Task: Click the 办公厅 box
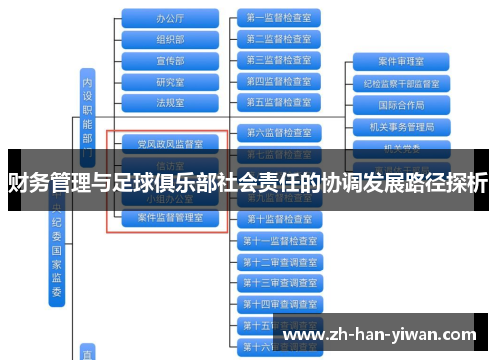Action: point(170,18)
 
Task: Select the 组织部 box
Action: point(170,39)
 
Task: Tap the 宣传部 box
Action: point(170,60)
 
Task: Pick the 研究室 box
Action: point(170,81)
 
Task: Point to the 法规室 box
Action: point(170,101)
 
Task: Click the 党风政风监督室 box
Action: point(170,144)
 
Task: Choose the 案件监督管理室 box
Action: point(170,217)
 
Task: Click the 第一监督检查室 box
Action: point(278,18)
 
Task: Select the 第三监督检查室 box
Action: point(278,60)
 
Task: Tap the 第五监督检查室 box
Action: point(278,101)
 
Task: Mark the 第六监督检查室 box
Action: point(278,132)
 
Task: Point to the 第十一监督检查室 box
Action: point(278,240)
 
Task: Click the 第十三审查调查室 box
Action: point(278,282)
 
